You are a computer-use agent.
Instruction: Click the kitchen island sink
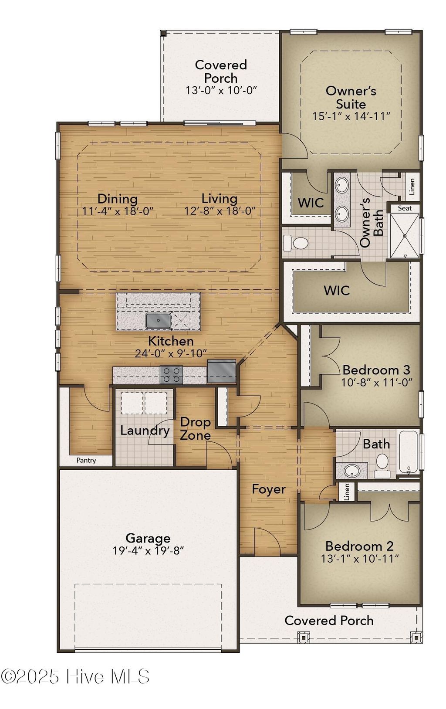pyautogui.click(x=158, y=321)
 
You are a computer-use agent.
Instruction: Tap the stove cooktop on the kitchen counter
pyautogui.click(x=171, y=375)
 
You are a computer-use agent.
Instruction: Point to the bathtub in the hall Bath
pyautogui.click(x=408, y=452)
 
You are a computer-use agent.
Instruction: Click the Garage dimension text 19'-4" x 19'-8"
pyautogui.click(x=148, y=551)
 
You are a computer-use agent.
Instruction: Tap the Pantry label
pyautogui.click(x=86, y=460)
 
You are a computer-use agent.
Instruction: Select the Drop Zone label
pyautogui.click(x=196, y=429)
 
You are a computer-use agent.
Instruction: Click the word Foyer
pyautogui.click(x=269, y=489)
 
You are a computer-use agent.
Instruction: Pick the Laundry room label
pyautogui.click(x=145, y=431)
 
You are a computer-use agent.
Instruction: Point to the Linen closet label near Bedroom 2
pyautogui.click(x=347, y=492)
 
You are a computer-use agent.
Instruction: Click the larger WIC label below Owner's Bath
pyautogui.click(x=337, y=290)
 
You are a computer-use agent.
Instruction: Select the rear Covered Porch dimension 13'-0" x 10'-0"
pyautogui.click(x=221, y=91)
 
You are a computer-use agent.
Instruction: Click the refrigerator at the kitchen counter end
pyautogui.click(x=222, y=371)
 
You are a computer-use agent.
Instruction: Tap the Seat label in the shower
pyautogui.click(x=405, y=208)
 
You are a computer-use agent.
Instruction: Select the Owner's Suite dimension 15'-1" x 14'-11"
pyautogui.click(x=351, y=116)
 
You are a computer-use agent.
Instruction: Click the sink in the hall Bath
pyautogui.click(x=352, y=471)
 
